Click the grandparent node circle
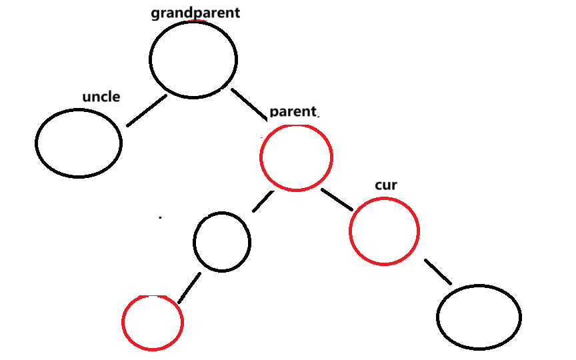(193, 59)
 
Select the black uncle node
(79, 143)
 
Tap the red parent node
(296, 157)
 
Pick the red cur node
(384, 231)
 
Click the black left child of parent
(222, 242)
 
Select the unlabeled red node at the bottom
(153, 323)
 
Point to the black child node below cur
(479, 317)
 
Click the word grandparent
(195, 13)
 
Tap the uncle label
(101, 97)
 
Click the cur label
(386, 185)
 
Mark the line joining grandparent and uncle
(146, 111)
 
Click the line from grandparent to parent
(249, 102)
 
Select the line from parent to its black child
(263, 201)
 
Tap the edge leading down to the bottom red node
(189, 287)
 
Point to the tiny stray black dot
(160, 217)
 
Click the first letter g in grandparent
(155, 15)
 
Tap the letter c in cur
(378, 186)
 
